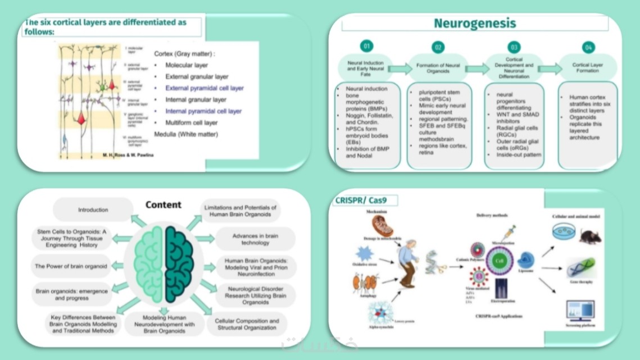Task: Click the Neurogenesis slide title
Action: (475, 24)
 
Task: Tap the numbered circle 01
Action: (367, 46)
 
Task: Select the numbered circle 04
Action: (588, 47)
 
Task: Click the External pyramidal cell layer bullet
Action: (204, 88)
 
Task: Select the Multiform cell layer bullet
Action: (191, 122)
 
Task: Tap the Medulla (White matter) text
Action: (186, 134)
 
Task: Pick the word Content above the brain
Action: (164, 205)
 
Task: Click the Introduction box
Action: (93, 210)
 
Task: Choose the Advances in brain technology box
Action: (256, 239)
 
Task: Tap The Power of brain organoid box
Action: (71, 266)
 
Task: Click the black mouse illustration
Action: (590, 235)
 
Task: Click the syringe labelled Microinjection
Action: (509, 232)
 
